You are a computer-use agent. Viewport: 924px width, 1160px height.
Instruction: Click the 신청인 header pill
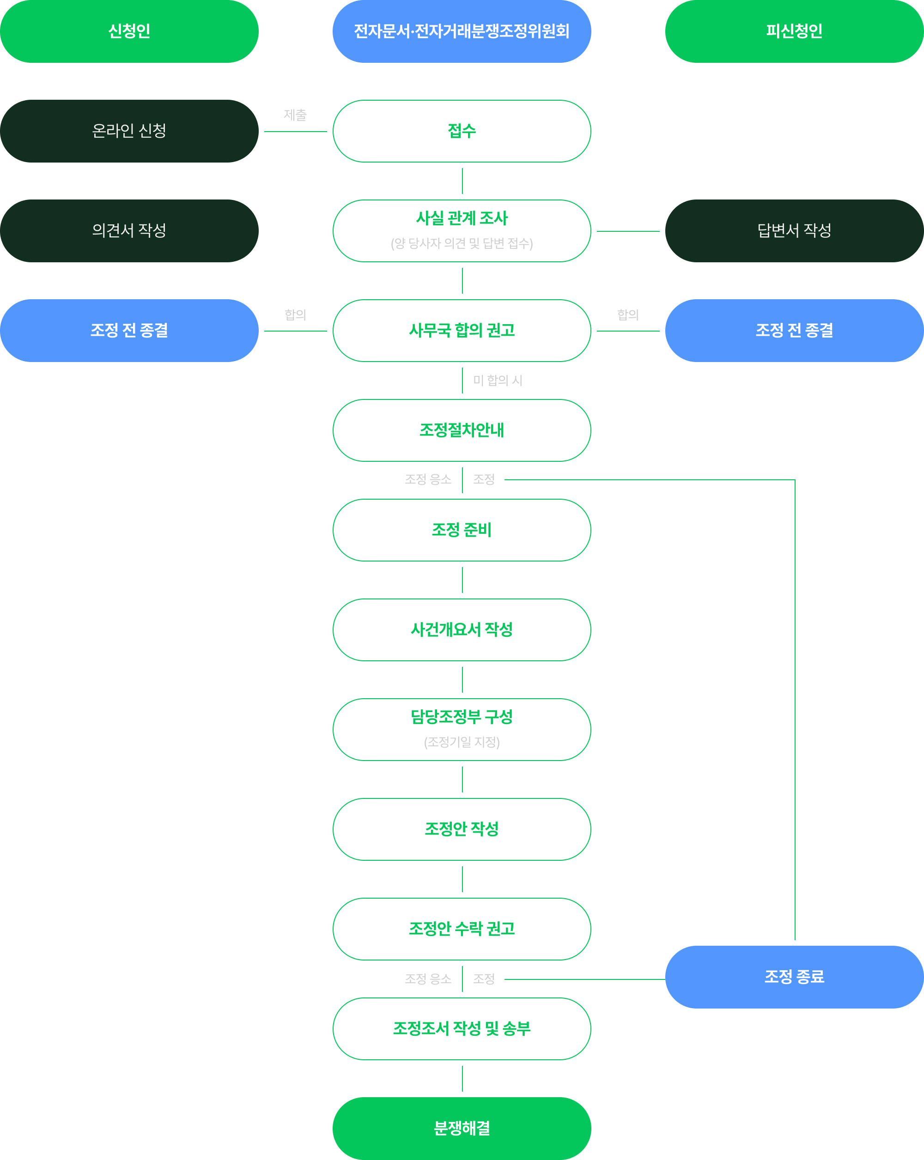[129, 31]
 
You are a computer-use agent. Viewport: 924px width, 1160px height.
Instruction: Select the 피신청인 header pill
[794, 31]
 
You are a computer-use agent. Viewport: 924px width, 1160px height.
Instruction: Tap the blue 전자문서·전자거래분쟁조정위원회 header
[462, 31]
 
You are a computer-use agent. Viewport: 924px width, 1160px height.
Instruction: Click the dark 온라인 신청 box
[129, 131]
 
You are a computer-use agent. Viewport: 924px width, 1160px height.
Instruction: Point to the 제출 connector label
[295, 115]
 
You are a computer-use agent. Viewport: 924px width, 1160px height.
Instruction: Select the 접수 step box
[462, 131]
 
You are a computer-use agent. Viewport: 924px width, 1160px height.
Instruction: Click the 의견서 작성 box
[129, 231]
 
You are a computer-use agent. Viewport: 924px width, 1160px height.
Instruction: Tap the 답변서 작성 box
[794, 231]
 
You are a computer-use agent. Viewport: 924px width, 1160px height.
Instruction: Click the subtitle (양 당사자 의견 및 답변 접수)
[462, 244]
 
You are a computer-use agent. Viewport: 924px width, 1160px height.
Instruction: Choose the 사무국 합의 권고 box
[462, 330]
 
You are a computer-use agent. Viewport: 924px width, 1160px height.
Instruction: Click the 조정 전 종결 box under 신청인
[129, 330]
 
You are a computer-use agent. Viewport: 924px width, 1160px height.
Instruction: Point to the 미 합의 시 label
[498, 381]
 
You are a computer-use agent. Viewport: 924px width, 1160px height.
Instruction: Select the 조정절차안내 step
[462, 430]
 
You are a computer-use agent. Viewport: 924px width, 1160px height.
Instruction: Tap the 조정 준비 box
[462, 530]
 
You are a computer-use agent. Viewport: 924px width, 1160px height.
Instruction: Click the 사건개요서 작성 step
[462, 629]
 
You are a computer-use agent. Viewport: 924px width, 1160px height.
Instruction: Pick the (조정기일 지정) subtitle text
[462, 743]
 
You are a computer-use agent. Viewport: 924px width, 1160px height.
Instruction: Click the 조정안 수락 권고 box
[462, 929]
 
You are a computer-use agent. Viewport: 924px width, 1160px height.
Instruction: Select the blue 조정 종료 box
[794, 977]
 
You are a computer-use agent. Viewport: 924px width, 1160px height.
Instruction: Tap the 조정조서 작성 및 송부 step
[462, 1029]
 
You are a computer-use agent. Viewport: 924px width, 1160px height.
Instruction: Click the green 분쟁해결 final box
[462, 1128]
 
